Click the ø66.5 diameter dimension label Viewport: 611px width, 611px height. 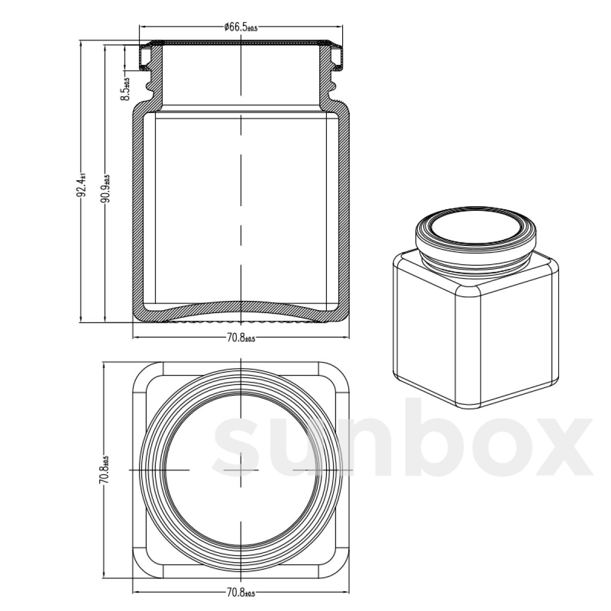click(241, 27)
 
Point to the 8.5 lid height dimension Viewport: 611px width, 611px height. click(125, 89)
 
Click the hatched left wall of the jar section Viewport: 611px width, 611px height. click(138, 214)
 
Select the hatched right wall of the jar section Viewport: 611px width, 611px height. click(345, 214)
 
